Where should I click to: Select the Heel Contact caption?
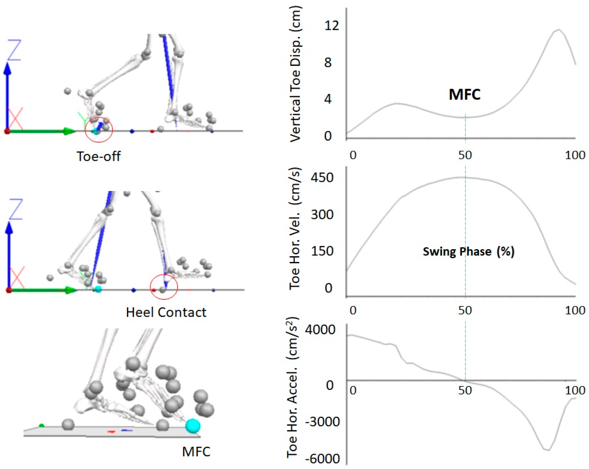[166, 312]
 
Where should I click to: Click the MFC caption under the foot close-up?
[196, 452]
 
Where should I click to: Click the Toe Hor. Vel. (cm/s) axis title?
[295, 228]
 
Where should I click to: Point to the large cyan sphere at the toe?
[193, 426]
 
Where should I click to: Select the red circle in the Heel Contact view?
[164, 287]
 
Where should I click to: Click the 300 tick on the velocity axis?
[322, 214]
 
